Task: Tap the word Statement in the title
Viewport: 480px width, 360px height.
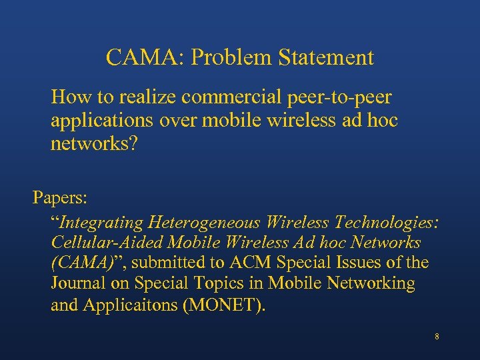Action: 327,57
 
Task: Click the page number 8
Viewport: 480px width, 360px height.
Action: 437,337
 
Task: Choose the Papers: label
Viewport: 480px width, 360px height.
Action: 61,198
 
